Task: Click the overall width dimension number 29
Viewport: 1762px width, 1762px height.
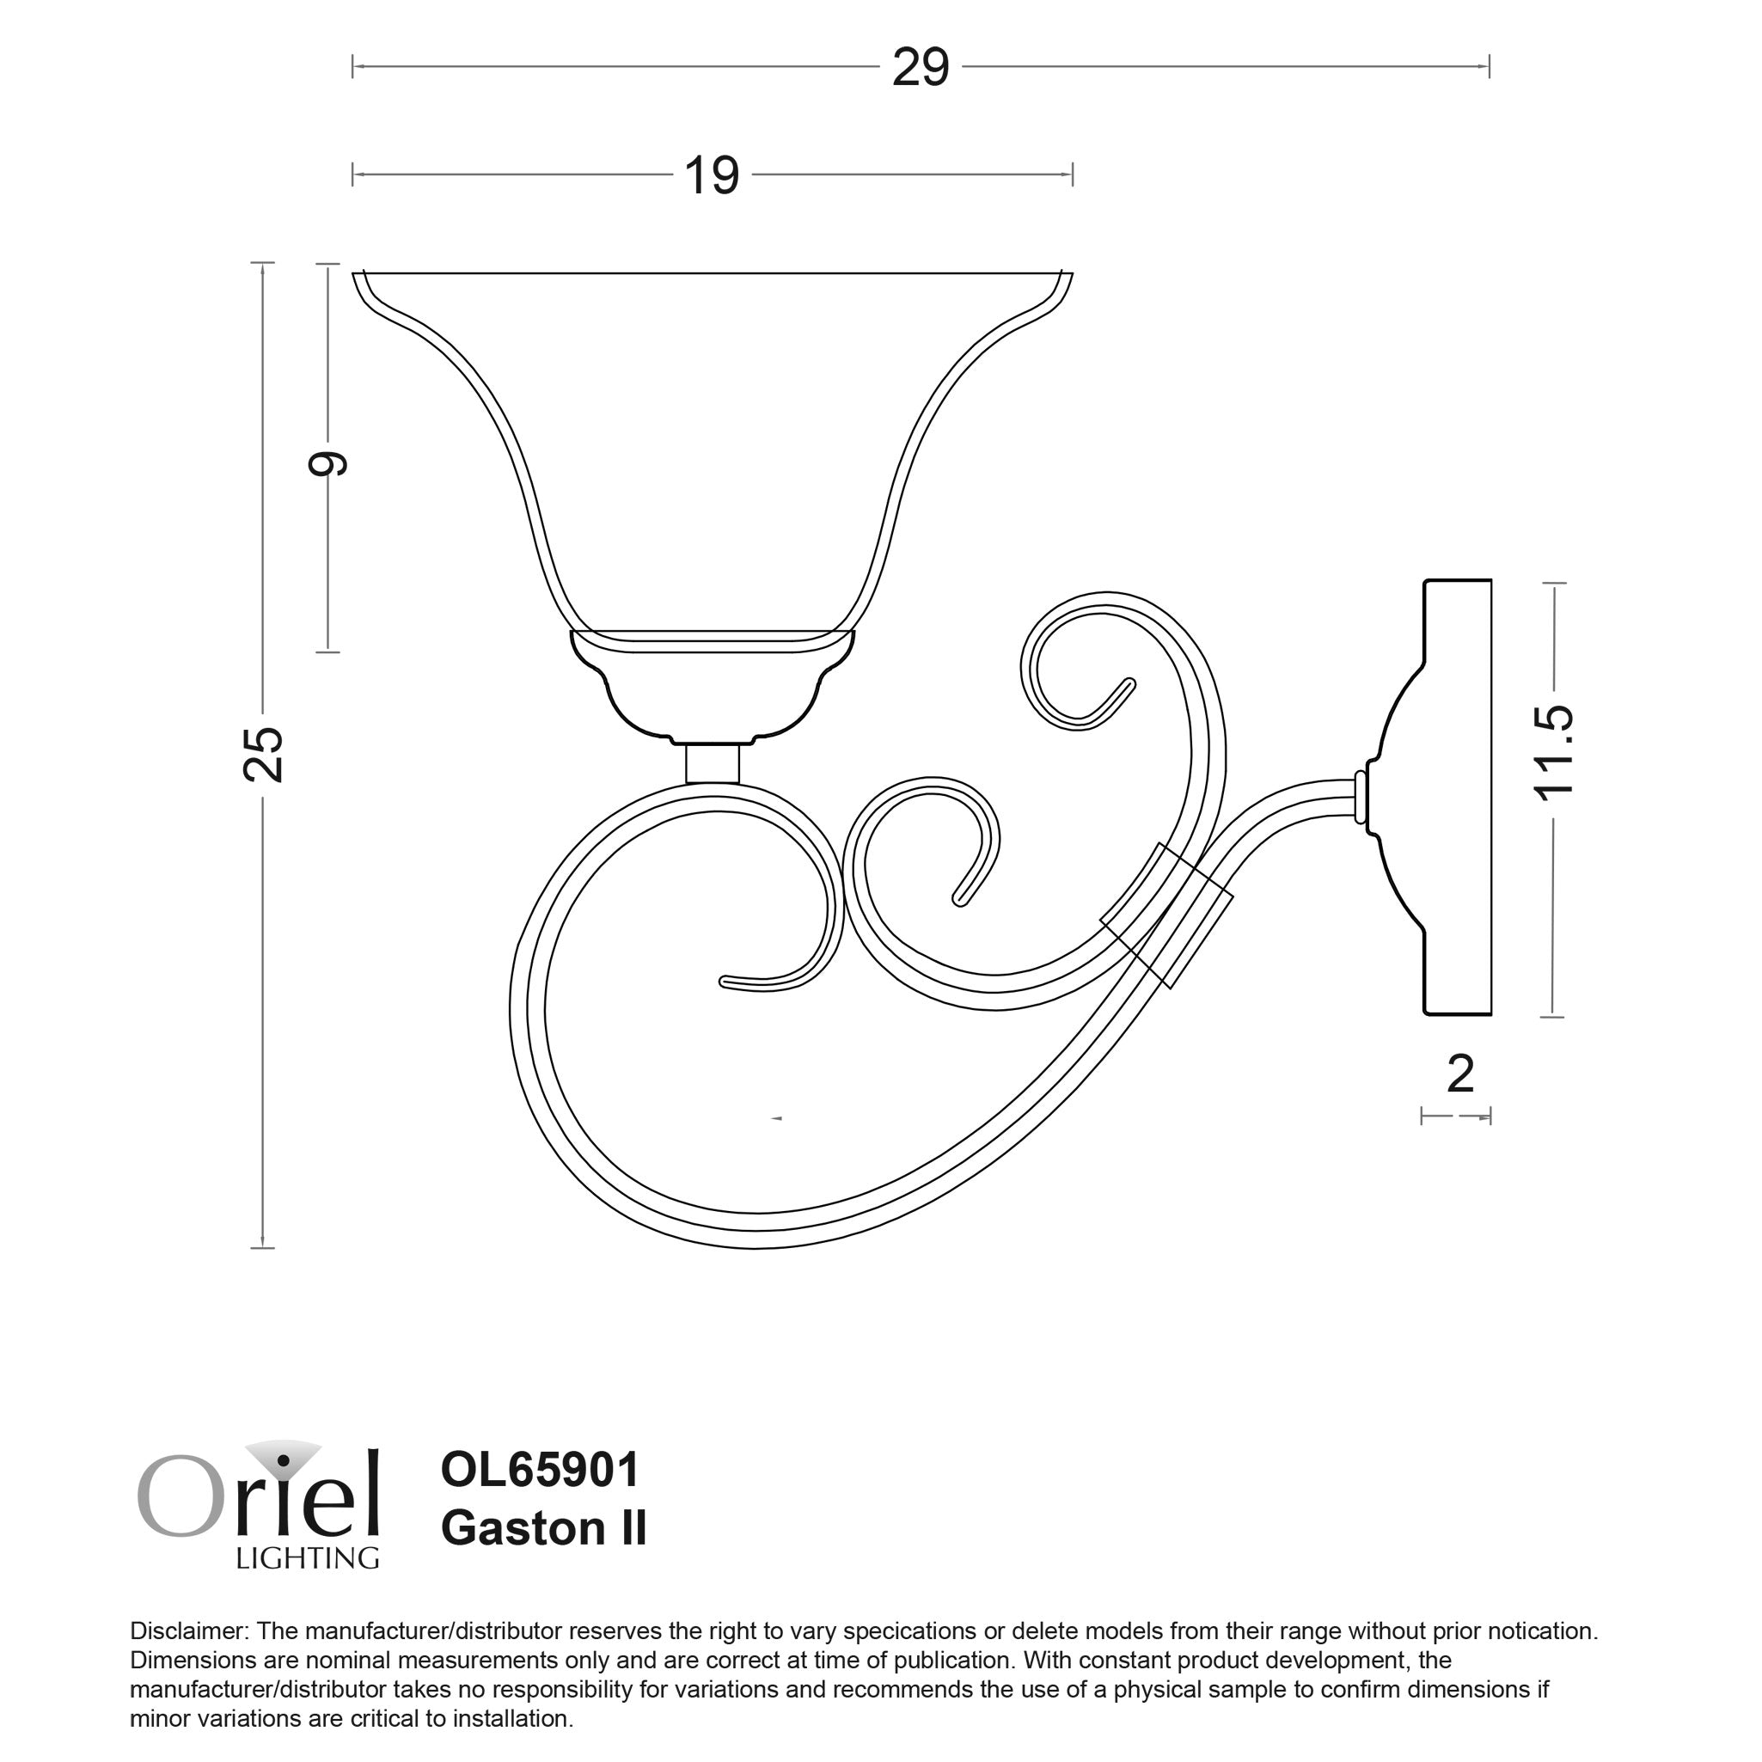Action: coord(920,69)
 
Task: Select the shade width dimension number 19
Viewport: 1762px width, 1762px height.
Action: coord(712,176)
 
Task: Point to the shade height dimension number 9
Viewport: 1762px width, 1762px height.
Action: coord(328,463)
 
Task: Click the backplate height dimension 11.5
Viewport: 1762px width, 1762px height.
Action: coord(1553,753)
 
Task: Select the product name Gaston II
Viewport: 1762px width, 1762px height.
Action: coord(543,1528)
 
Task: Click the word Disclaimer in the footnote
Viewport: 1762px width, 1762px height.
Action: coord(189,1631)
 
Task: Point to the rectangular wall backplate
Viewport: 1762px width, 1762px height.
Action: coord(1457,797)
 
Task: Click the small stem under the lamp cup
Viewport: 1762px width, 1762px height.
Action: coord(713,763)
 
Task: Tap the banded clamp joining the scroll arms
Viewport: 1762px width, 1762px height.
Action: coord(1168,915)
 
